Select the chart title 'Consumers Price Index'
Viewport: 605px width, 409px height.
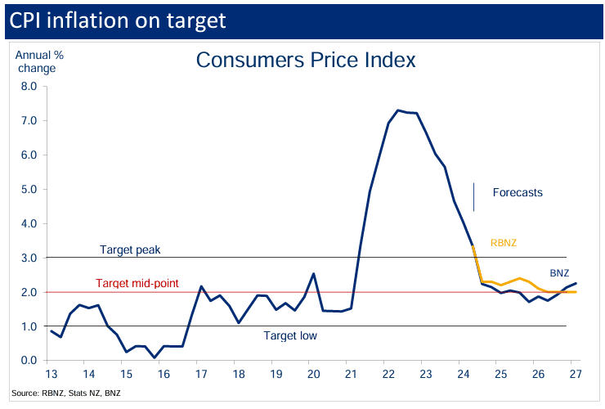(x=306, y=60)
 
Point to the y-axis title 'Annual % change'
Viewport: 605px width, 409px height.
(x=37, y=61)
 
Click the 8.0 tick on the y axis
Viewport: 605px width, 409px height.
(x=29, y=86)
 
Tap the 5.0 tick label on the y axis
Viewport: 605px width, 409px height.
(x=29, y=189)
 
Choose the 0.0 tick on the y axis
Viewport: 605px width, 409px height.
(x=29, y=361)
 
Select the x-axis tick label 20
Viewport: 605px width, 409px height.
(x=312, y=375)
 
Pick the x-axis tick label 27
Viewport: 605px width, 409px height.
(x=576, y=375)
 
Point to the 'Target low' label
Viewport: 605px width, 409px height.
(x=290, y=335)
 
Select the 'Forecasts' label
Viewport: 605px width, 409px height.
(x=518, y=193)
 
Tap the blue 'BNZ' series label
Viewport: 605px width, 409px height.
(x=559, y=273)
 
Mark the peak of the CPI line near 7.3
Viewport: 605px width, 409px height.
(x=398, y=110)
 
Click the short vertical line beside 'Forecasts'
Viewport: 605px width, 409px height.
(x=474, y=196)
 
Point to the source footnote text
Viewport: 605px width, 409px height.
(x=66, y=394)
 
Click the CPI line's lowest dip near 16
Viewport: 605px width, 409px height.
(x=155, y=357)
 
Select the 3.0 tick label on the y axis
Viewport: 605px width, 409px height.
(x=29, y=258)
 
